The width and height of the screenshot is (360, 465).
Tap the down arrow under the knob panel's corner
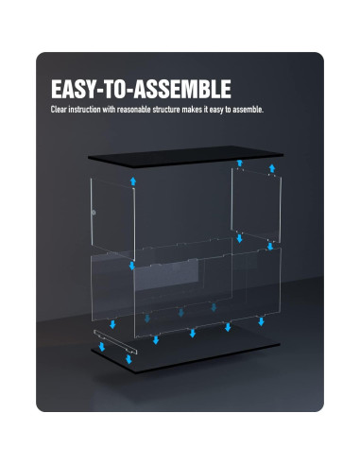[x=131, y=267]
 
